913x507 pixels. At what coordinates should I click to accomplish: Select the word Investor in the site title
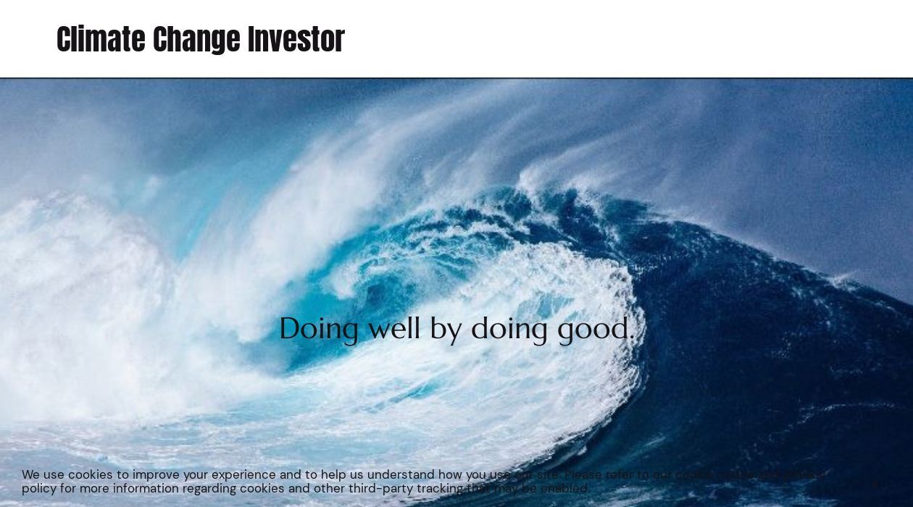point(296,40)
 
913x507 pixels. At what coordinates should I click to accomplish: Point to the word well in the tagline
point(394,328)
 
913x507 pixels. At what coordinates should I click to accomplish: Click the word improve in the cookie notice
point(156,475)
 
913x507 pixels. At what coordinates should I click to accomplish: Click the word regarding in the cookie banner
point(209,489)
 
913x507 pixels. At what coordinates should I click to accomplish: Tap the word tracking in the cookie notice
point(440,489)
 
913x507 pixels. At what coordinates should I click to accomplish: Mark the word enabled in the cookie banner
point(565,489)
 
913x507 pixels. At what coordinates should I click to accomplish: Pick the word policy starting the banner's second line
point(38,489)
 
